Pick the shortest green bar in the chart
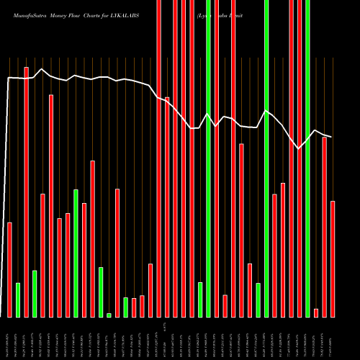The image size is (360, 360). [109, 315]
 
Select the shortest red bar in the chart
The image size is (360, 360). [316, 312]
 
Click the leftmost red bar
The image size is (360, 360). [9, 269]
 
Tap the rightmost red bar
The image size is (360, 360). [333, 258]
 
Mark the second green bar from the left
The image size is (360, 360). [35, 293]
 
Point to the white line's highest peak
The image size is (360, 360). [42, 69]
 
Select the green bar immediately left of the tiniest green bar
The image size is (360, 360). [101, 292]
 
